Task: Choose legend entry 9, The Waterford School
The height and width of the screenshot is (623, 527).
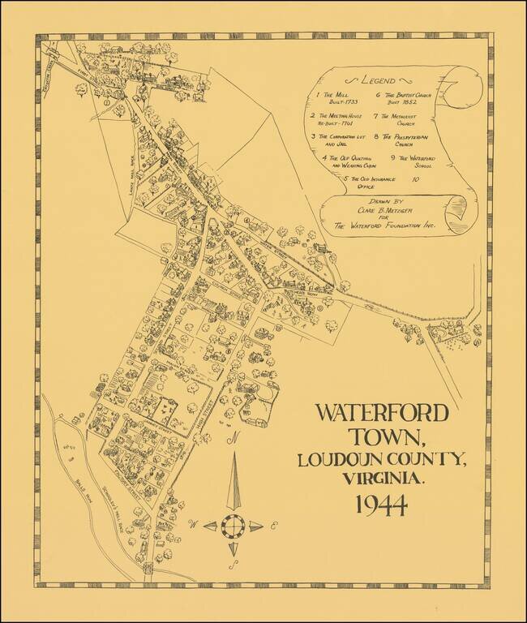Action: pos(416,161)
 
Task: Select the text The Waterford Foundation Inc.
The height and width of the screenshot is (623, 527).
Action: pos(384,227)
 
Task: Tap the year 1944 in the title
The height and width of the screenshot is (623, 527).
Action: pos(380,505)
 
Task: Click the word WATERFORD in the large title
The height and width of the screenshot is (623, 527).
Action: pos(381,413)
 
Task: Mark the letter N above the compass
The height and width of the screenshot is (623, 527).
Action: pos(234,440)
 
